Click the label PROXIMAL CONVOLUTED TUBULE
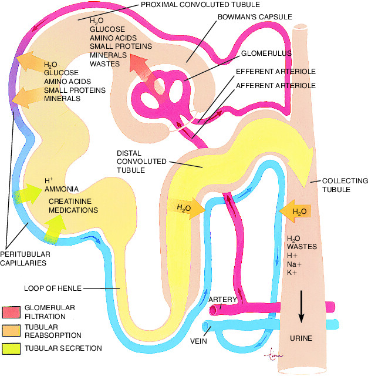[200, 5]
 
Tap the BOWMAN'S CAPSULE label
[255, 17]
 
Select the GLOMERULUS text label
[266, 53]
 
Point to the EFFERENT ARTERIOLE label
[276, 72]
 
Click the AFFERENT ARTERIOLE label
[276, 86]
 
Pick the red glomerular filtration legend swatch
[11, 312]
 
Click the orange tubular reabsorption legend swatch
[11, 331]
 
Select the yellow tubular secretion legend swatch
[11, 348]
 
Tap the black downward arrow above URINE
[301, 307]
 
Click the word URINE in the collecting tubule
[301, 338]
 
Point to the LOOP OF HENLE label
[53, 288]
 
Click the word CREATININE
[70, 202]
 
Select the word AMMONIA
[62, 189]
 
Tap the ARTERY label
[222, 300]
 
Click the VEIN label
[198, 341]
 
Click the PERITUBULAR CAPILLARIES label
[25, 258]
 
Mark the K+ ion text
[292, 273]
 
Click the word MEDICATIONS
[73, 210]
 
